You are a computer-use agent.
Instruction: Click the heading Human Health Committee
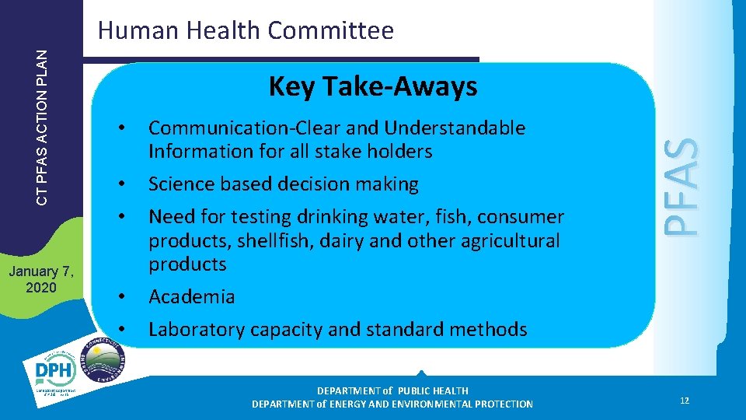(246, 30)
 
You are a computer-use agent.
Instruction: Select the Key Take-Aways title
(372, 87)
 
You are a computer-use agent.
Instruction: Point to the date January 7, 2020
(40, 279)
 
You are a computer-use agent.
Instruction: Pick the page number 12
(684, 401)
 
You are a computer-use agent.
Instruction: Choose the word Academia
(191, 296)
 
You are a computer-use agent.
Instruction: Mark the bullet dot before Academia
(120, 296)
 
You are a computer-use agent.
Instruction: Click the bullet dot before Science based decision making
(120, 184)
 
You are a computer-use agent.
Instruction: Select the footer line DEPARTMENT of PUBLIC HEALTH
(392, 390)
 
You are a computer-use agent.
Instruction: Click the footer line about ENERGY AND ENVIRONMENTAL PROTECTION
(392, 404)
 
